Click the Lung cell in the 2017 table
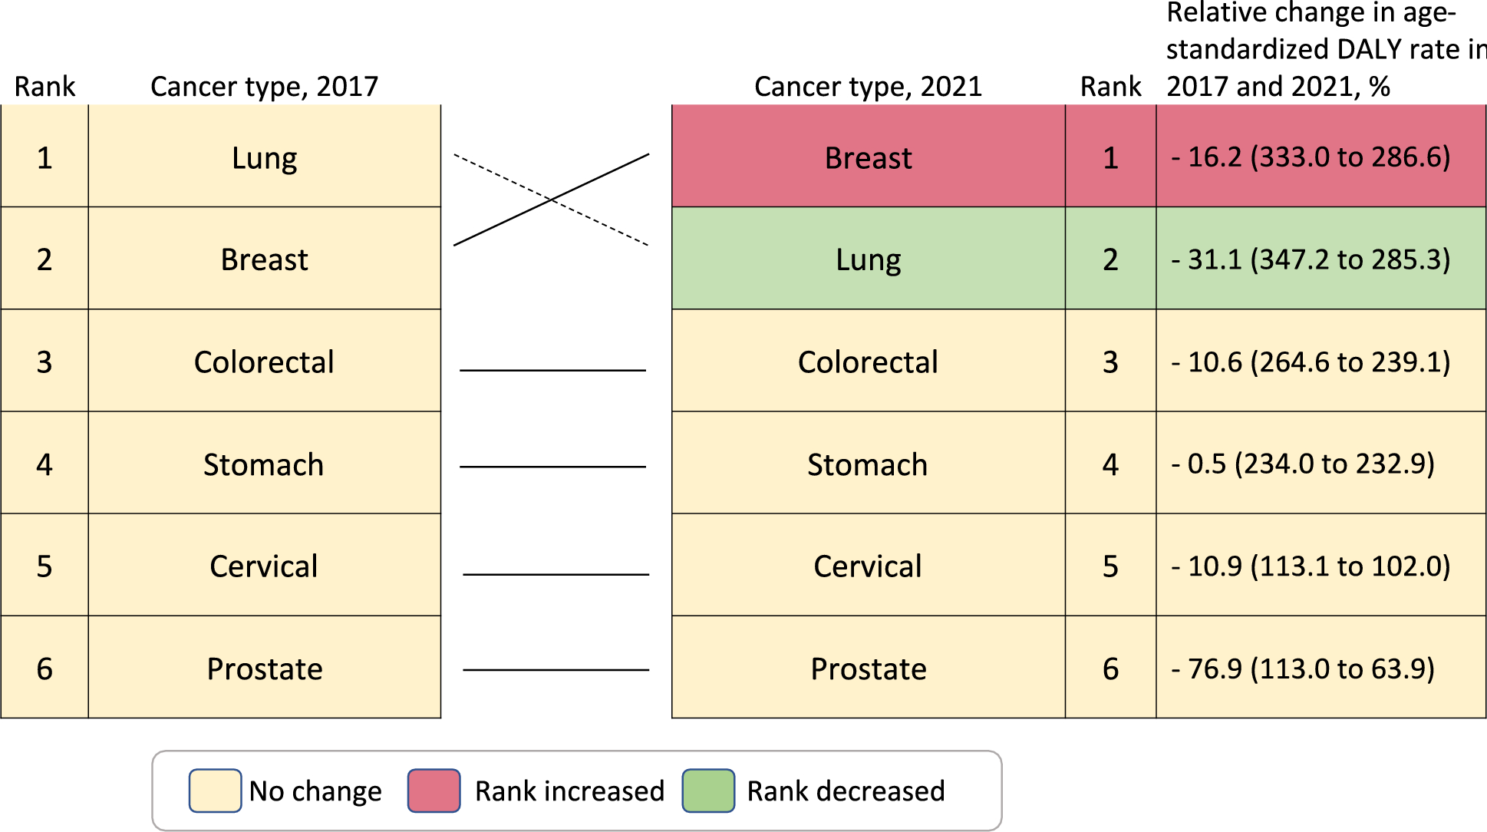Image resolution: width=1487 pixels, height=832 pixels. pyautogui.click(x=264, y=158)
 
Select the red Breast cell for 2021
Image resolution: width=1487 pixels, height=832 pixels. pyautogui.click(x=868, y=158)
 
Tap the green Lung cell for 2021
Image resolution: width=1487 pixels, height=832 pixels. pyautogui.click(x=868, y=259)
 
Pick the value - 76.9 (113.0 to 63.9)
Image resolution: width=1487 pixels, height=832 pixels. pyautogui.click(x=1303, y=669)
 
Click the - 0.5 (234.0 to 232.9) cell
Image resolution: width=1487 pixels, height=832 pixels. pyautogui.click(x=1303, y=464)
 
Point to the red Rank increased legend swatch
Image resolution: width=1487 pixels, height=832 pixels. pyautogui.click(x=434, y=791)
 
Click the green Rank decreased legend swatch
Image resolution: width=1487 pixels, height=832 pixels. pyautogui.click(x=708, y=791)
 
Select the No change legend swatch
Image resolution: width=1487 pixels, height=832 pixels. pyautogui.click(x=215, y=791)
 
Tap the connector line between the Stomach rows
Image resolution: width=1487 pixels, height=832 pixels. pyautogui.click(x=552, y=467)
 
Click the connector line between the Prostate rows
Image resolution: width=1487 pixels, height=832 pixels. pyautogui.click(x=556, y=670)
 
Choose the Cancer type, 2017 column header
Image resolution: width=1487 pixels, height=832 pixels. pyautogui.click(x=264, y=87)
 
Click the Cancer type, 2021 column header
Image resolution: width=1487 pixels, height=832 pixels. pyautogui.click(x=868, y=87)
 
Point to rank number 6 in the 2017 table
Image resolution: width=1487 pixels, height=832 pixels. pyautogui.click(x=45, y=669)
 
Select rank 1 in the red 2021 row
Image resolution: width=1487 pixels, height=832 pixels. pyautogui.click(x=1110, y=158)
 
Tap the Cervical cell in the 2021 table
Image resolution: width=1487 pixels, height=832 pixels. pyautogui.click(x=868, y=566)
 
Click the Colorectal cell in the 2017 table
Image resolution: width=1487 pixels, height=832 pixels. pyautogui.click(x=264, y=362)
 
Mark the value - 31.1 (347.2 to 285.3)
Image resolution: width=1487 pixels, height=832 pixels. pyautogui.click(x=1311, y=259)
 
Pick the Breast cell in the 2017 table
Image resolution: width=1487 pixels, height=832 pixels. pyautogui.click(x=264, y=259)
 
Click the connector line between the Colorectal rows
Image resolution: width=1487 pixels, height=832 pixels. pyautogui.click(x=552, y=370)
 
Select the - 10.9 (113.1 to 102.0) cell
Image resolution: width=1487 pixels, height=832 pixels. pyautogui.click(x=1311, y=566)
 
